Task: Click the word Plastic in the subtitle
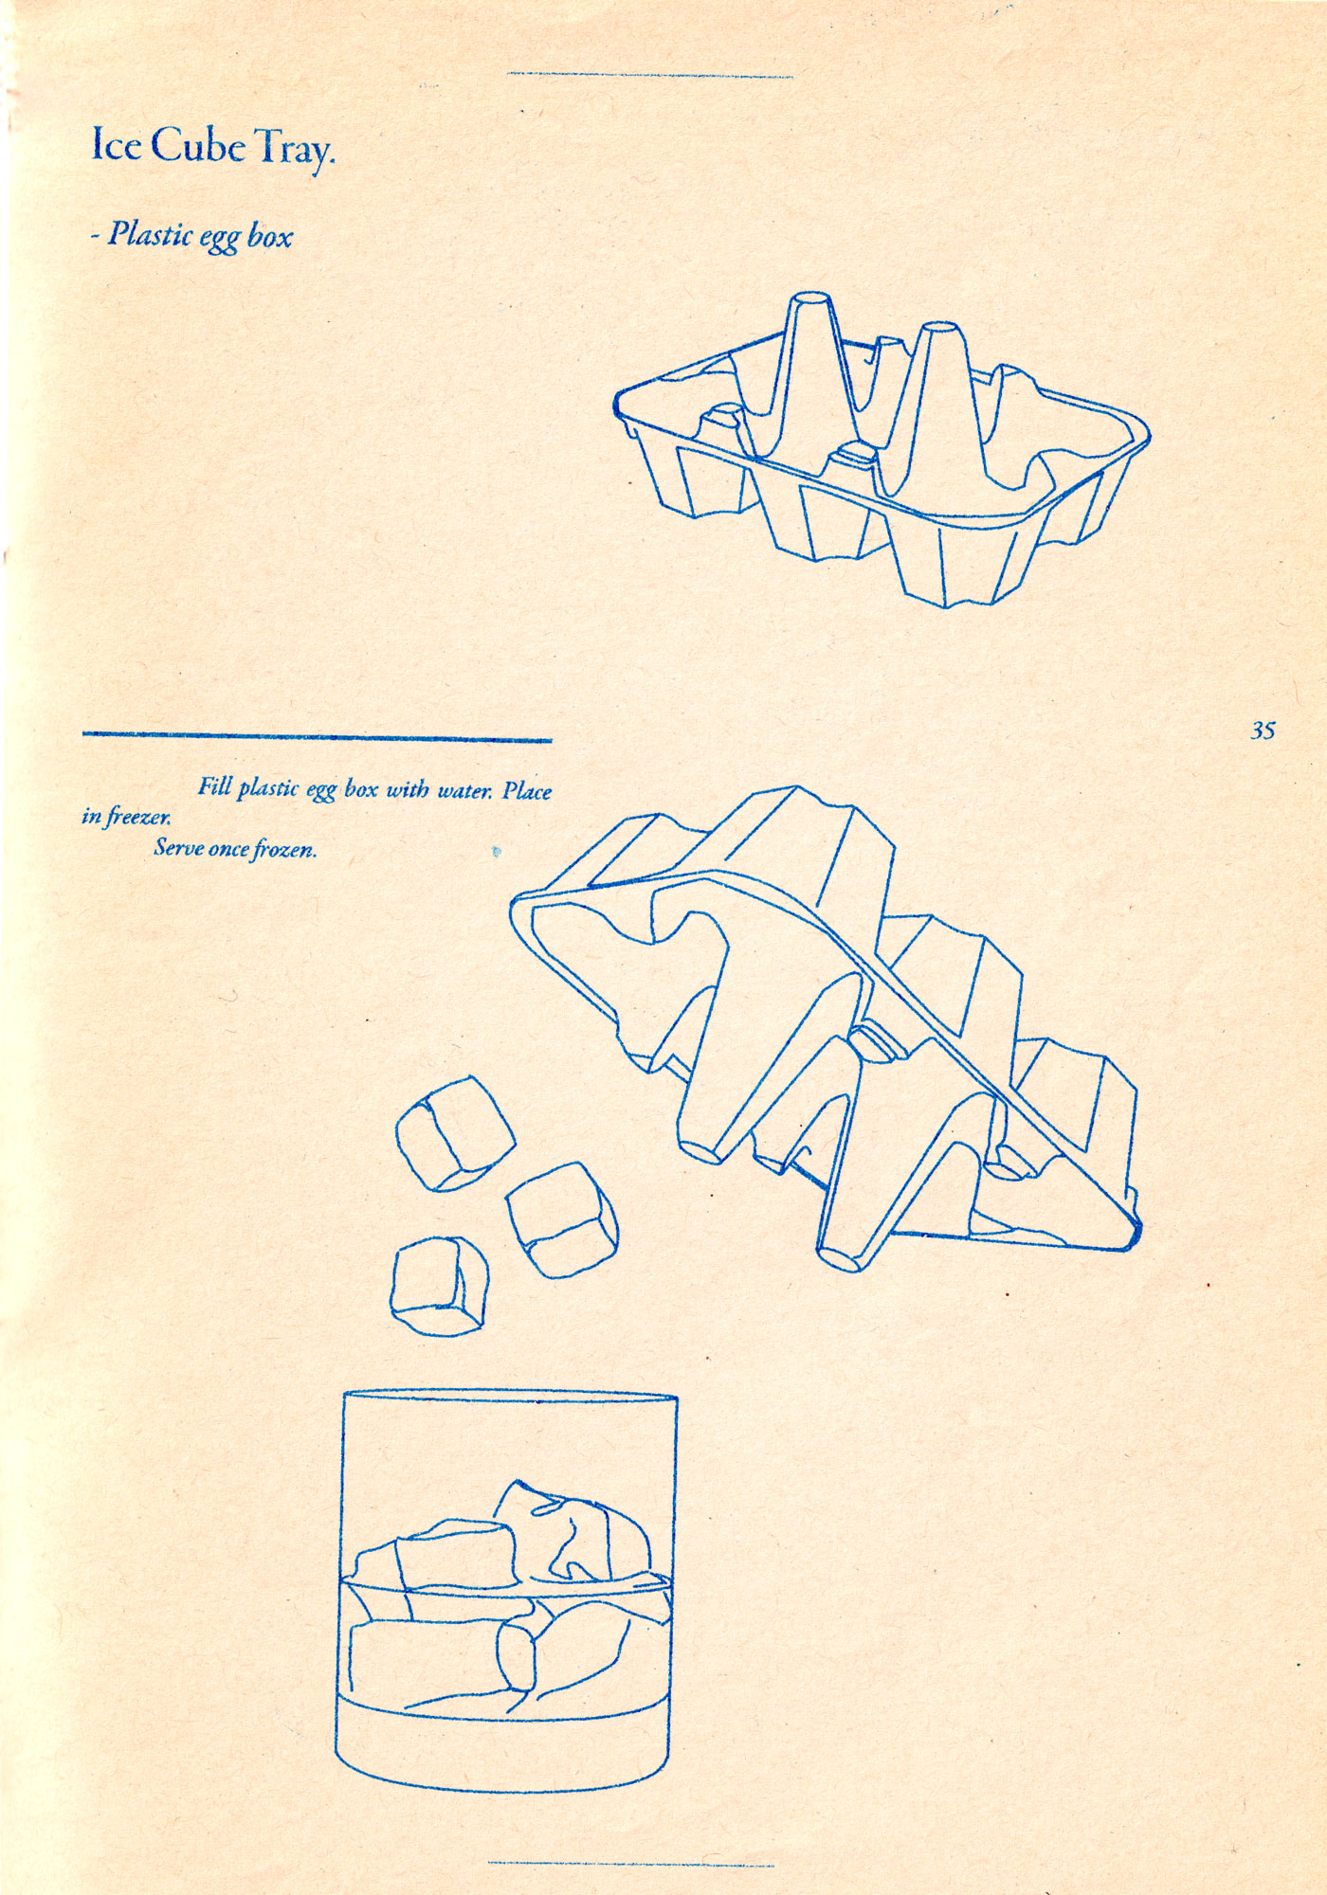click(147, 233)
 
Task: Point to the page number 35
click(1263, 731)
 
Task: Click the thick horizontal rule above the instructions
click(318, 735)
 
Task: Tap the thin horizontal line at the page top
click(650, 75)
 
